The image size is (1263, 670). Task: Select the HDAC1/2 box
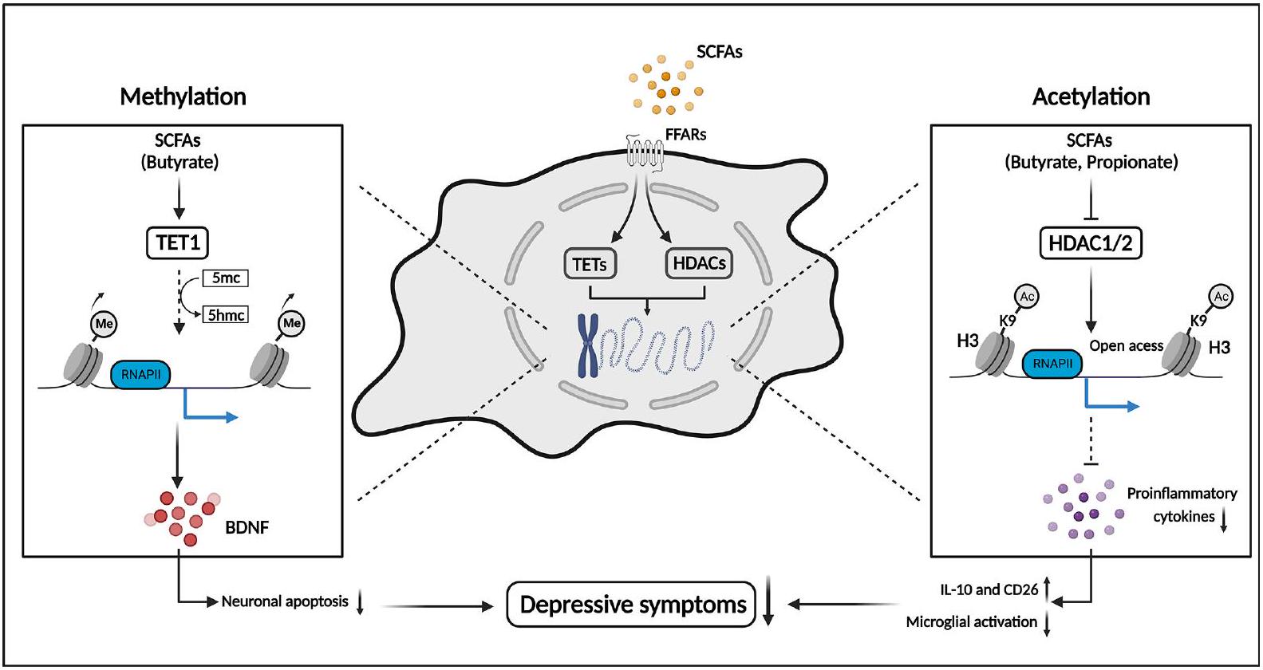[x=1091, y=242]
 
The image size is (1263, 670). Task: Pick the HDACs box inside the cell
[x=699, y=263]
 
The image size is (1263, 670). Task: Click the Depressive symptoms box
[x=631, y=605]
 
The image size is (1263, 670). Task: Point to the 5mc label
[x=226, y=278]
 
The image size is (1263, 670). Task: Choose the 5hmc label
[x=226, y=314]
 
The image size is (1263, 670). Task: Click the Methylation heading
[x=183, y=97]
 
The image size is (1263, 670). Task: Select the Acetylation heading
[x=1091, y=97]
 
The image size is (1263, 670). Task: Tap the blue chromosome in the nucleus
[x=588, y=345]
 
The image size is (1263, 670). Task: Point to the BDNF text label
[x=247, y=526]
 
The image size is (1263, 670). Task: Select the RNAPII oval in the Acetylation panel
[x=1052, y=364]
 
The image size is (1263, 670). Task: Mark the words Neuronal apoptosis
[x=285, y=601]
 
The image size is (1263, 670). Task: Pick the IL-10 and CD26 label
[x=989, y=589]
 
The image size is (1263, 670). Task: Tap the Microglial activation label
[x=971, y=621]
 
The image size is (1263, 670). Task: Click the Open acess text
[x=1126, y=345]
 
